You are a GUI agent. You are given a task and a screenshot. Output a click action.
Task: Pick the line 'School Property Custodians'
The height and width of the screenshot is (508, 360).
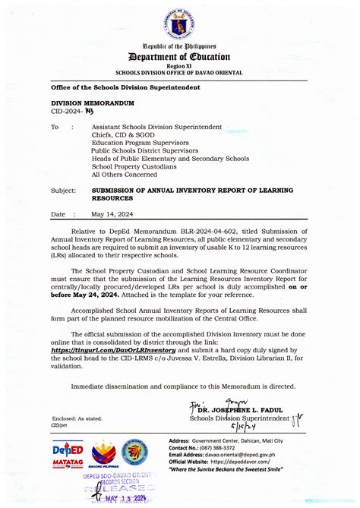tap(133, 166)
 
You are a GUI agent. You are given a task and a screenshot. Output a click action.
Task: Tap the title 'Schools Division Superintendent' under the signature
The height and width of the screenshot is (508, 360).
tap(239, 419)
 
